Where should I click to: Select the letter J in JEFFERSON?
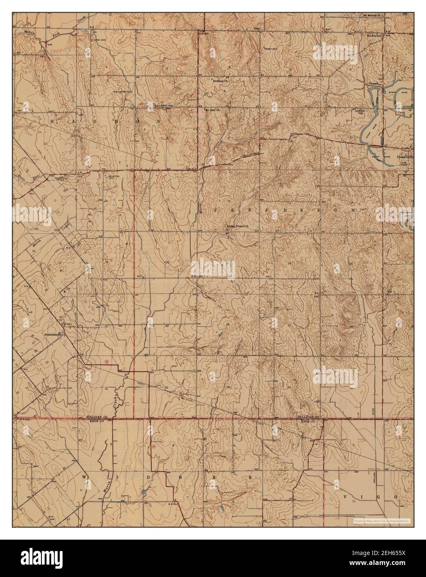click(x=216, y=211)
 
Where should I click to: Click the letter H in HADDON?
click(x=52, y=121)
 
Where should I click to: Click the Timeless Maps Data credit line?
click(x=381, y=521)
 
